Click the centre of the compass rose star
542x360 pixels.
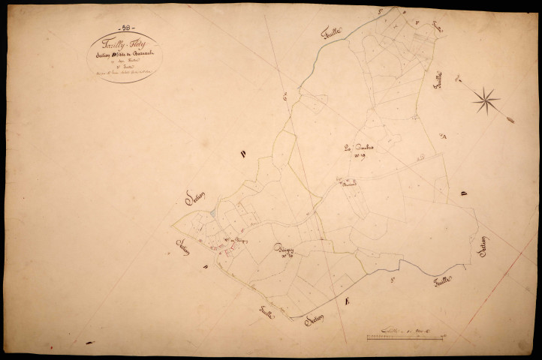486,99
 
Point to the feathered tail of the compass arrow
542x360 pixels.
510,119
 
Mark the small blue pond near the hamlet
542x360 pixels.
213,213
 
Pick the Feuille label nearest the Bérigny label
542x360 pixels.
266,313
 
